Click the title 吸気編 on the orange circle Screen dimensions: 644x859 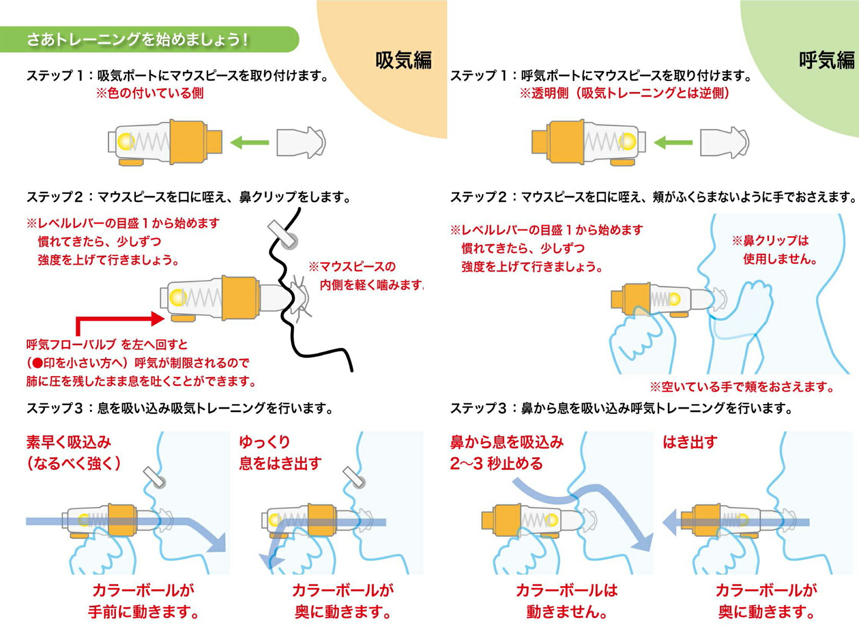403,60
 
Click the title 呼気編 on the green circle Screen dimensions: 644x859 827,60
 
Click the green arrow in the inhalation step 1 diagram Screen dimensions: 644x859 249,143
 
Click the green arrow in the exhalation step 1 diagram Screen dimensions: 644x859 673,143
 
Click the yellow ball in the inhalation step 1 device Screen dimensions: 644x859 126,141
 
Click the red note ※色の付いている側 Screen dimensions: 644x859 150,93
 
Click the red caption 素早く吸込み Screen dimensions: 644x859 69,442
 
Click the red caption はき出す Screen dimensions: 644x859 690,442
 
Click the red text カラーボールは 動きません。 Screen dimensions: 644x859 566,601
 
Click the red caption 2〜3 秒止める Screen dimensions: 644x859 497,464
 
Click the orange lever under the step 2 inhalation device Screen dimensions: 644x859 183,318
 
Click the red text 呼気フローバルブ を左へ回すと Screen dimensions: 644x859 107,345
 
